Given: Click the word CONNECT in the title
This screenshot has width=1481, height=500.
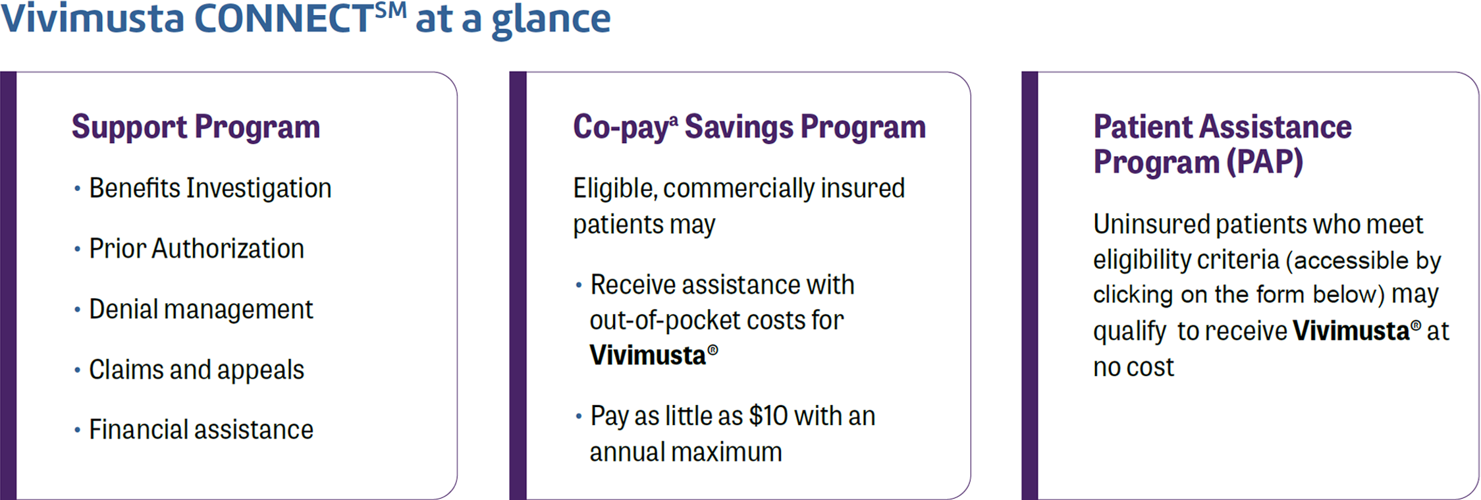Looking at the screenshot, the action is (x=284, y=18).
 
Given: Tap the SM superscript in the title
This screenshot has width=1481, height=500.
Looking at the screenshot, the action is (x=391, y=10).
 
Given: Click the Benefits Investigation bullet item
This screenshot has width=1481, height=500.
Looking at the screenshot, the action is (x=210, y=188).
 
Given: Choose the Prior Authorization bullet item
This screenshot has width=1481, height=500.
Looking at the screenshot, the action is (x=196, y=249).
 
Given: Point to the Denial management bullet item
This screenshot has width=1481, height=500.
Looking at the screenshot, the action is (x=201, y=310).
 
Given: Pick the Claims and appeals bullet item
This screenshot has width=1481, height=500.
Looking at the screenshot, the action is (x=196, y=370).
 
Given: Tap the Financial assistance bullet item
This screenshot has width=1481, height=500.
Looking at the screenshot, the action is (x=201, y=430).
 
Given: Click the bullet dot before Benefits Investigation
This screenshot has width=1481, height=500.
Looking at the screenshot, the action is (x=78, y=189).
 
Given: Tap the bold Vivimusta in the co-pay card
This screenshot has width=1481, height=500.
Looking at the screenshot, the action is (x=648, y=356).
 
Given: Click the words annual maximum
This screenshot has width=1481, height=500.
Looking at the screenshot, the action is (x=686, y=453).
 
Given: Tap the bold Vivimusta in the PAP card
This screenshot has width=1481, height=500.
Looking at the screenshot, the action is (x=1351, y=331).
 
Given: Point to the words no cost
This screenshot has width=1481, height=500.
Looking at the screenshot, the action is (x=1133, y=368).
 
